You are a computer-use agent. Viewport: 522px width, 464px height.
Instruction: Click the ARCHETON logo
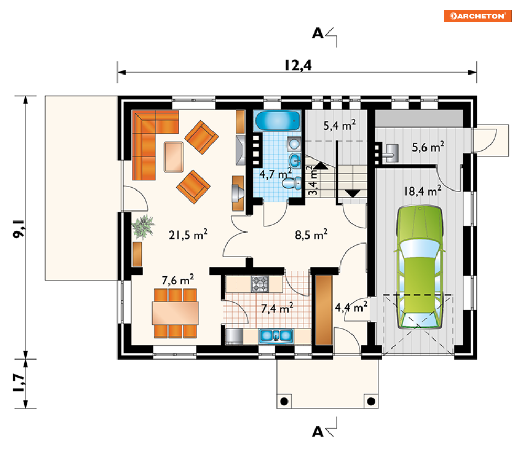pyautogui.click(x=477, y=16)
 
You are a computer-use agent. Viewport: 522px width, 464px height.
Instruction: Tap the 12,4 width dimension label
pyautogui.click(x=298, y=66)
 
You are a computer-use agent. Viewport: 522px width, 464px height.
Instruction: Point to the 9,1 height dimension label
pyautogui.click(x=19, y=229)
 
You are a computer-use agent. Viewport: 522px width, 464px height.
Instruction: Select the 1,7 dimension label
pyautogui.click(x=19, y=383)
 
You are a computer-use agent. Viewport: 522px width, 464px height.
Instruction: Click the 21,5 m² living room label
pyautogui.click(x=188, y=235)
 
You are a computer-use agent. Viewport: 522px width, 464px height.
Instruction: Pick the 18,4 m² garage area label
pyautogui.click(x=422, y=191)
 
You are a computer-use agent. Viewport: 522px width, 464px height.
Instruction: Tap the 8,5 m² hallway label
pyautogui.click(x=311, y=235)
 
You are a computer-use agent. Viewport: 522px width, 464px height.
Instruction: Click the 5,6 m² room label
pyautogui.click(x=428, y=146)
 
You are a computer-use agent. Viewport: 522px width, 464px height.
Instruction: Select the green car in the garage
pyautogui.click(x=420, y=267)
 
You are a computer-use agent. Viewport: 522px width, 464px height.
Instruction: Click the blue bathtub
pyautogui.click(x=278, y=121)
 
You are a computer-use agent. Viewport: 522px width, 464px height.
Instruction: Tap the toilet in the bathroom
pyautogui.click(x=292, y=183)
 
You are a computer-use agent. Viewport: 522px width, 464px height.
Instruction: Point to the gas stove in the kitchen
pyautogui.click(x=260, y=284)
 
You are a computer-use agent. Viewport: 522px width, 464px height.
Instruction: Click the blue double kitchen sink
pyautogui.click(x=276, y=336)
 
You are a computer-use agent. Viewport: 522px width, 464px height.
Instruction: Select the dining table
pyautogui.click(x=175, y=313)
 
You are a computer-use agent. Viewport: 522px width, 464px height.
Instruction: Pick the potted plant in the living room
pyautogui.click(x=143, y=227)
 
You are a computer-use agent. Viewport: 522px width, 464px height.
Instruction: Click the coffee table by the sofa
pyautogui.click(x=174, y=157)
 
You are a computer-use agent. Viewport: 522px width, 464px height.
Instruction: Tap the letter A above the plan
pyautogui.click(x=317, y=33)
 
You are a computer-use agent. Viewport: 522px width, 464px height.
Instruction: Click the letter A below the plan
pyautogui.click(x=317, y=431)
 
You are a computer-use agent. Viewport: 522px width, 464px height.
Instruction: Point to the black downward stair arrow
pyautogui.click(x=353, y=194)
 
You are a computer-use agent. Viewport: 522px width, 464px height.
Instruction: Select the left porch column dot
pyautogui.click(x=284, y=402)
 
